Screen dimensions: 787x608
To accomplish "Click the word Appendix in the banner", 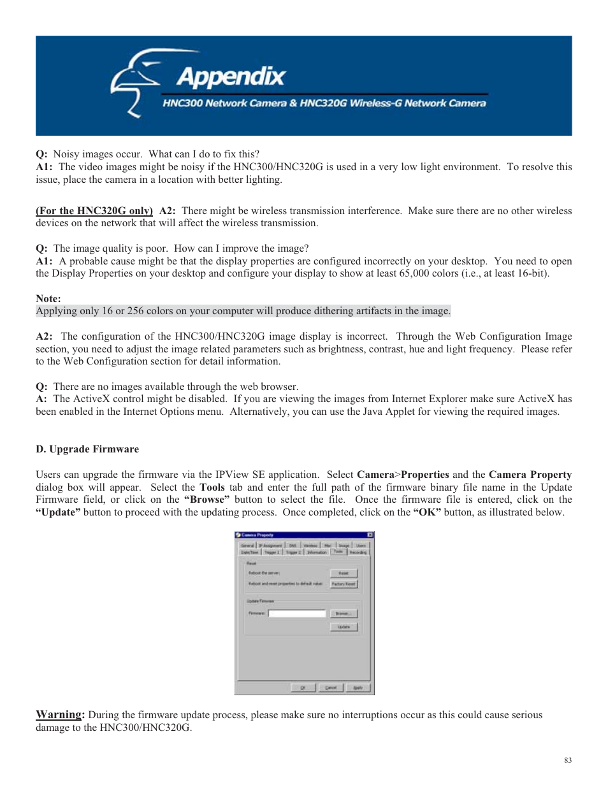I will point(231,77).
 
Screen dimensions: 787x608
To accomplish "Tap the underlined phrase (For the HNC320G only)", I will point(94,211).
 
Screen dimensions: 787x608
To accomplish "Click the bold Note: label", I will point(48,298).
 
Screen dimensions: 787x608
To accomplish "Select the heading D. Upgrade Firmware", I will point(87,449).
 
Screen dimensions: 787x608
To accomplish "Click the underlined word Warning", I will point(59,714).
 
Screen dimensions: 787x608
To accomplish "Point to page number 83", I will point(567,760).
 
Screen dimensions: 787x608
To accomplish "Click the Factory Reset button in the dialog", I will point(344,584).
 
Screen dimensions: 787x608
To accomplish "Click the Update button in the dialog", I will point(344,627).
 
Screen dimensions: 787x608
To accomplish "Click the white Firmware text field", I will point(297,614).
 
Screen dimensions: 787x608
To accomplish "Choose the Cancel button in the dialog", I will point(331,688).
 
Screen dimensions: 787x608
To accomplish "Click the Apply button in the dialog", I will point(358,688).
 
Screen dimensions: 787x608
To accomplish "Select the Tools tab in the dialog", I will point(338,552).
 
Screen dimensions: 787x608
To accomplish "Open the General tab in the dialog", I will point(247,545).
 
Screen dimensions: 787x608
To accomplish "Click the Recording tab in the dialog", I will point(358,552).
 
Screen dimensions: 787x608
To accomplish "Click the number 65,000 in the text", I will point(415,273).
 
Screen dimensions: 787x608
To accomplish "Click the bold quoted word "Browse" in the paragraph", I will point(206,500).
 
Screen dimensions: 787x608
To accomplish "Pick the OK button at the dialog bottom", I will point(303,688).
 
